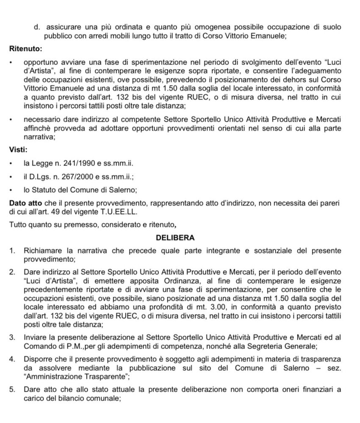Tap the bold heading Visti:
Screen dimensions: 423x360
pyautogui.click(x=19, y=150)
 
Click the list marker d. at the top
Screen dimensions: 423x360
pyautogui.click(x=37, y=27)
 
